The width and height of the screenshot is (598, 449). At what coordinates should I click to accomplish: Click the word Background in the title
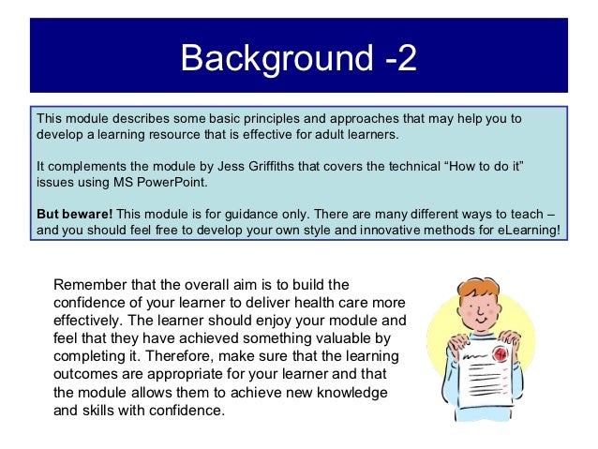pyautogui.click(x=276, y=59)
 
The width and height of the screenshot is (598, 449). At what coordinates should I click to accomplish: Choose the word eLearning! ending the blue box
pyautogui.click(x=528, y=229)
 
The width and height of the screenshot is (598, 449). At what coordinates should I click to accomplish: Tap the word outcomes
pyautogui.click(x=87, y=376)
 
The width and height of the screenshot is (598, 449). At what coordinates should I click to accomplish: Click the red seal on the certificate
pyautogui.click(x=500, y=355)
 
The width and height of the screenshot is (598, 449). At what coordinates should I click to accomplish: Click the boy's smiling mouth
pyautogui.click(x=481, y=322)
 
